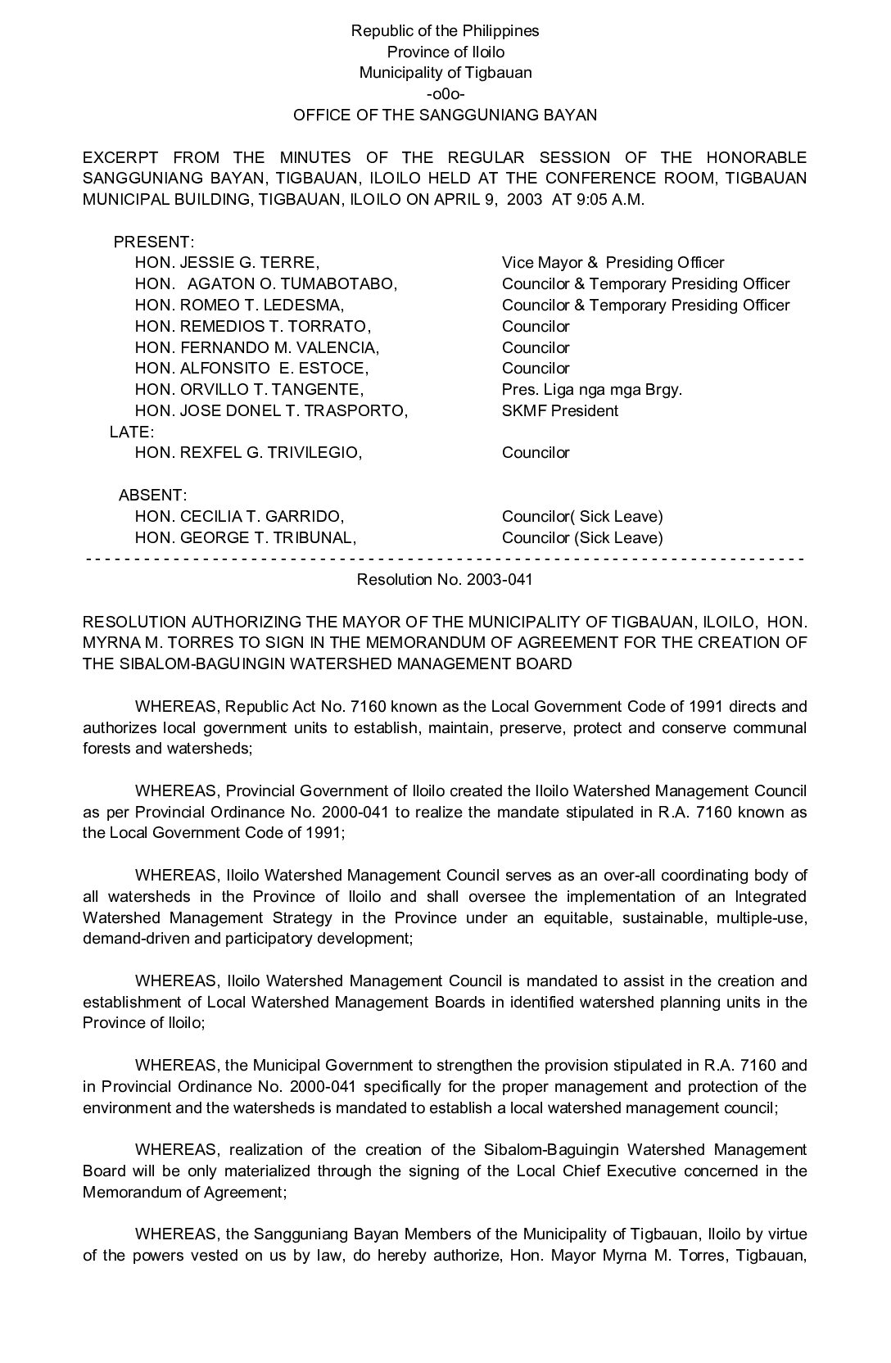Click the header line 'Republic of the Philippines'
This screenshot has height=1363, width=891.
pos(445,31)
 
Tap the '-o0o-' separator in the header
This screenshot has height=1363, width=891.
pos(445,93)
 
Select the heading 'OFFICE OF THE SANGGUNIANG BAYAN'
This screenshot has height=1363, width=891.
pos(445,115)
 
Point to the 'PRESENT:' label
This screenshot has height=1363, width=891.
pos(153,242)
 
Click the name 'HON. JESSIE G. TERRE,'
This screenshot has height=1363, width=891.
pos(227,263)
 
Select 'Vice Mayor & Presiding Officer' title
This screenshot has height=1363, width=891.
pos(613,263)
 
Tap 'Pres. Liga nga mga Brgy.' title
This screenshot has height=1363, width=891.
pos(591,389)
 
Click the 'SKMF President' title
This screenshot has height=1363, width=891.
pos(560,410)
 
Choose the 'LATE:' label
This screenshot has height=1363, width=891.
pos(131,432)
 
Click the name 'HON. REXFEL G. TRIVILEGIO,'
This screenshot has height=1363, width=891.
pos(248,453)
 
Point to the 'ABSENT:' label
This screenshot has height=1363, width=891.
pos(152,495)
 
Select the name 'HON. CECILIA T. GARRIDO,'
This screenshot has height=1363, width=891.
pos(239,516)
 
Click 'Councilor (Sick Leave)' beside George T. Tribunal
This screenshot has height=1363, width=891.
pos(582,537)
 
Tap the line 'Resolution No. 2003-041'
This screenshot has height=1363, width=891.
pos(445,580)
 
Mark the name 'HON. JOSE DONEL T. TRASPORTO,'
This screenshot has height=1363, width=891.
pos(271,410)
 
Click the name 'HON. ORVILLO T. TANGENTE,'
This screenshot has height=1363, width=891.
pos(249,389)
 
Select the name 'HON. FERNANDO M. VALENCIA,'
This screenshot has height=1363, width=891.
pos(257,347)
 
